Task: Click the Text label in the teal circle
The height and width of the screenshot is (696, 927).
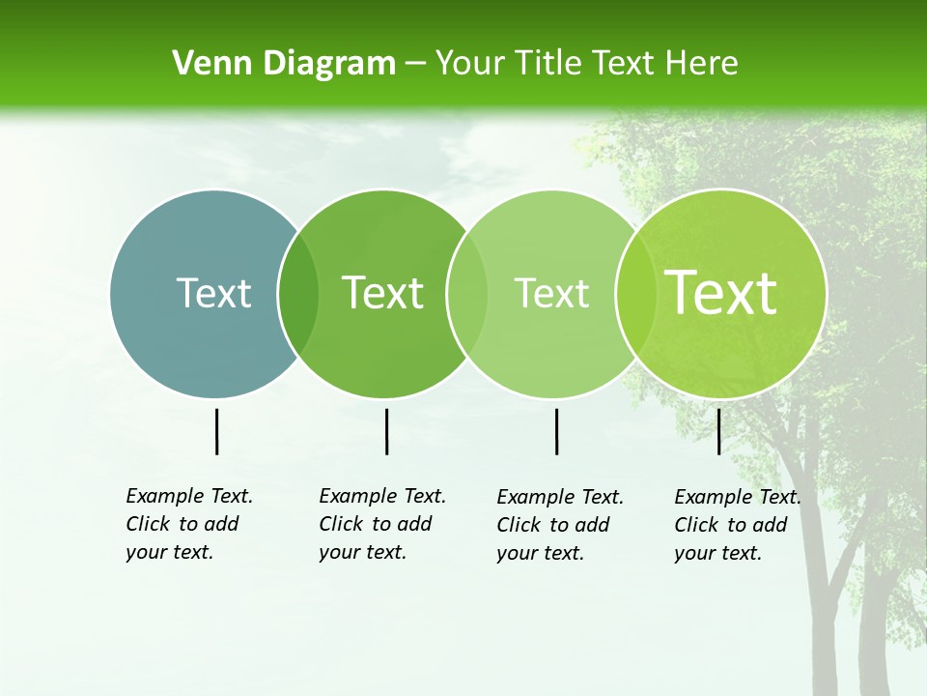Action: [213, 293]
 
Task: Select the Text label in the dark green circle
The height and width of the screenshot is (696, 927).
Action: [382, 293]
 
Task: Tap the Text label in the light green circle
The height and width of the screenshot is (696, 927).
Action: [551, 293]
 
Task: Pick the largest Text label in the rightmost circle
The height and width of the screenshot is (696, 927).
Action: [720, 292]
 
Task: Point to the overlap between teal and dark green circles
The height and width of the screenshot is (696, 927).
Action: [298, 294]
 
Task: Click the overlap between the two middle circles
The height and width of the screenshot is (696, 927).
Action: [467, 294]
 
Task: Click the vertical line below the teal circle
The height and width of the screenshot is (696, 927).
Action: [216, 431]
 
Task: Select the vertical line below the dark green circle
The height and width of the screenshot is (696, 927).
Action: [386, 431]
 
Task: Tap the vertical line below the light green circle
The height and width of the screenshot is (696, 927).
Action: [556, 431]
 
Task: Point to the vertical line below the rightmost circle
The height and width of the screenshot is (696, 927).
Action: [718, 431]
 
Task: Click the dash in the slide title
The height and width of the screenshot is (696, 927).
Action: [415, 65]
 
